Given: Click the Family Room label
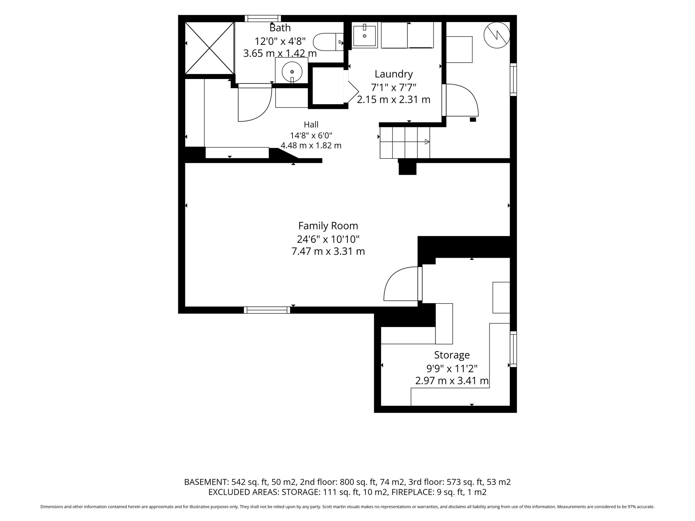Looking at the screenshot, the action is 328,226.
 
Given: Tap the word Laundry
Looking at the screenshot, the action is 394,74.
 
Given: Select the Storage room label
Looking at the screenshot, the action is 452,355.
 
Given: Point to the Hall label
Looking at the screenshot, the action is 311,125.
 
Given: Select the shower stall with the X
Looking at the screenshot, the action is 210,48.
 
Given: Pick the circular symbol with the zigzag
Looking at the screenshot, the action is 497,35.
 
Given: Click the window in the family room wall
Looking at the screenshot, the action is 267,310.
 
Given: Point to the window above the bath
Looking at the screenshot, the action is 263,18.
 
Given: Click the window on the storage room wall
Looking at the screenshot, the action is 513,349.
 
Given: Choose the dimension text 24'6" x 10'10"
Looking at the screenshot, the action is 328,239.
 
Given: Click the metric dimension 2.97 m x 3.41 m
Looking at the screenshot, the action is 452,381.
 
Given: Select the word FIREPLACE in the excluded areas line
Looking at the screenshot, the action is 413,492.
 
